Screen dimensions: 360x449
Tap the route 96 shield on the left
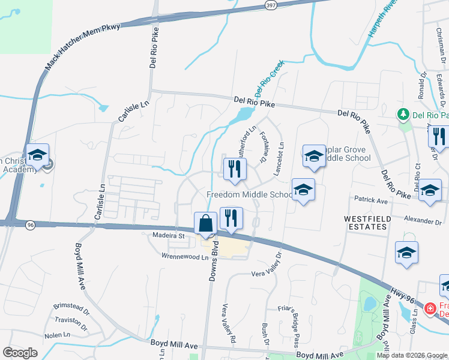point(29,224)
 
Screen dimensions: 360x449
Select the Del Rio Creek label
point(268,79)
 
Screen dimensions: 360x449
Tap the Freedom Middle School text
point(249,194)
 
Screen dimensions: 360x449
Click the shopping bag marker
point(205,223)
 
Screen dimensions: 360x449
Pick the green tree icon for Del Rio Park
point(403,114)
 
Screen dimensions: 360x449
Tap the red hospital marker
point(429,310)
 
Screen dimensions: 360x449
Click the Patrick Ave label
point(370,199)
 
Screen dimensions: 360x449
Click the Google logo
point(20,352)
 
